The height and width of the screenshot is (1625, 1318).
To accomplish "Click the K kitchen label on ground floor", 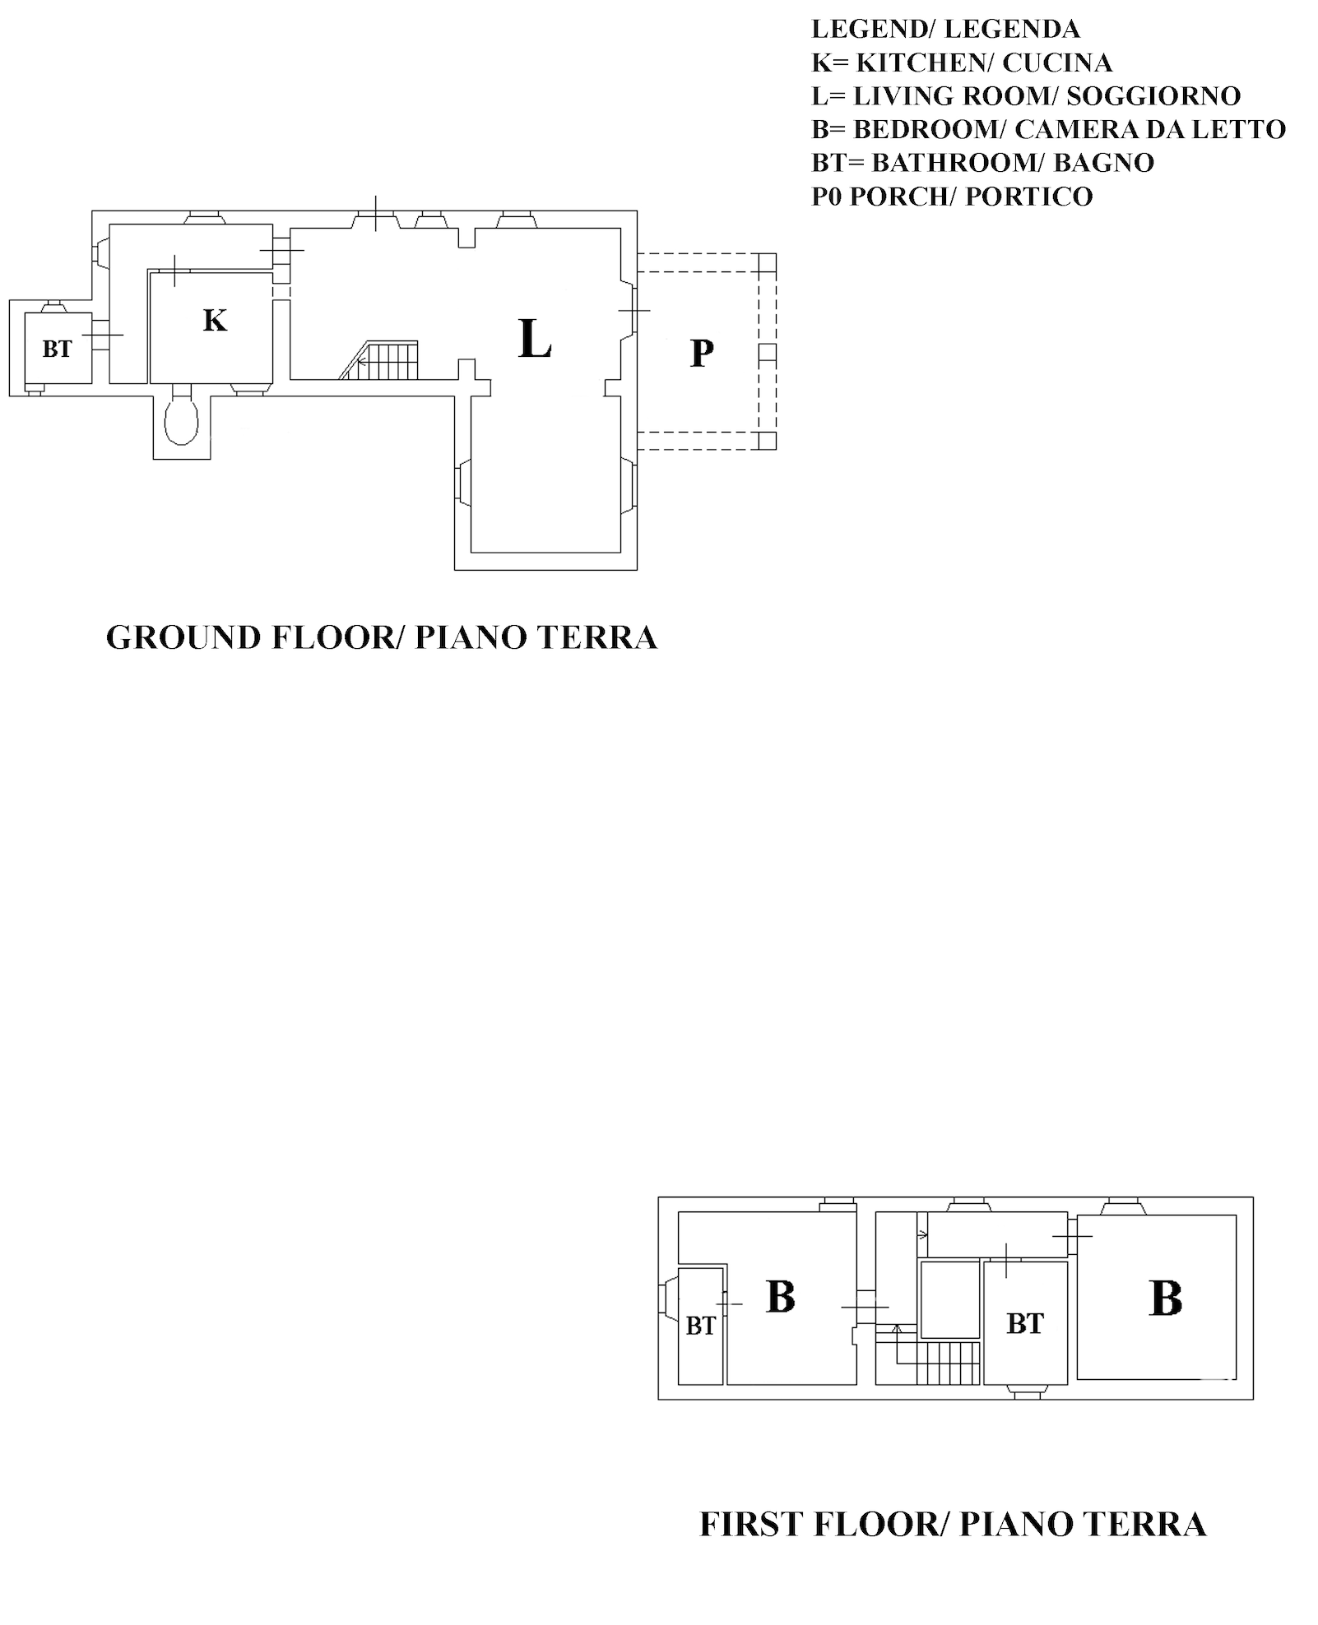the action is (x=215, y=320).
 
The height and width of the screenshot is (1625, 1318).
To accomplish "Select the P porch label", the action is (x=701, y=353).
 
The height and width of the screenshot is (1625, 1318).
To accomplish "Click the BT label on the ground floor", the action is (x=57, y=349).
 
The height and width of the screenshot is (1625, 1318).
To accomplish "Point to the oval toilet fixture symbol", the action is (x=182, y=420).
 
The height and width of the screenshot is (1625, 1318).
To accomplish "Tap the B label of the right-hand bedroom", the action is (x=1166, y=1299).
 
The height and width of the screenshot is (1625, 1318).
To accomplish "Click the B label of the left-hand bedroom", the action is (x=780, y=1296).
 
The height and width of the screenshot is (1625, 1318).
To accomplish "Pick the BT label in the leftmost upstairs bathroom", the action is (x=700, y=1326).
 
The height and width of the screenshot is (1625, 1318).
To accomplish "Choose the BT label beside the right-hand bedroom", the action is (x=1025, y=1323).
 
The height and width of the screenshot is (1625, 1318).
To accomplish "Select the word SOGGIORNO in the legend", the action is (x=1153, y=96).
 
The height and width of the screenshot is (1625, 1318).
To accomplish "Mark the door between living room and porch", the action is (x=633, y=311).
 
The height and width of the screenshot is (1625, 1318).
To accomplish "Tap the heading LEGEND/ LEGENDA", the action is (x=945, y=29).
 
